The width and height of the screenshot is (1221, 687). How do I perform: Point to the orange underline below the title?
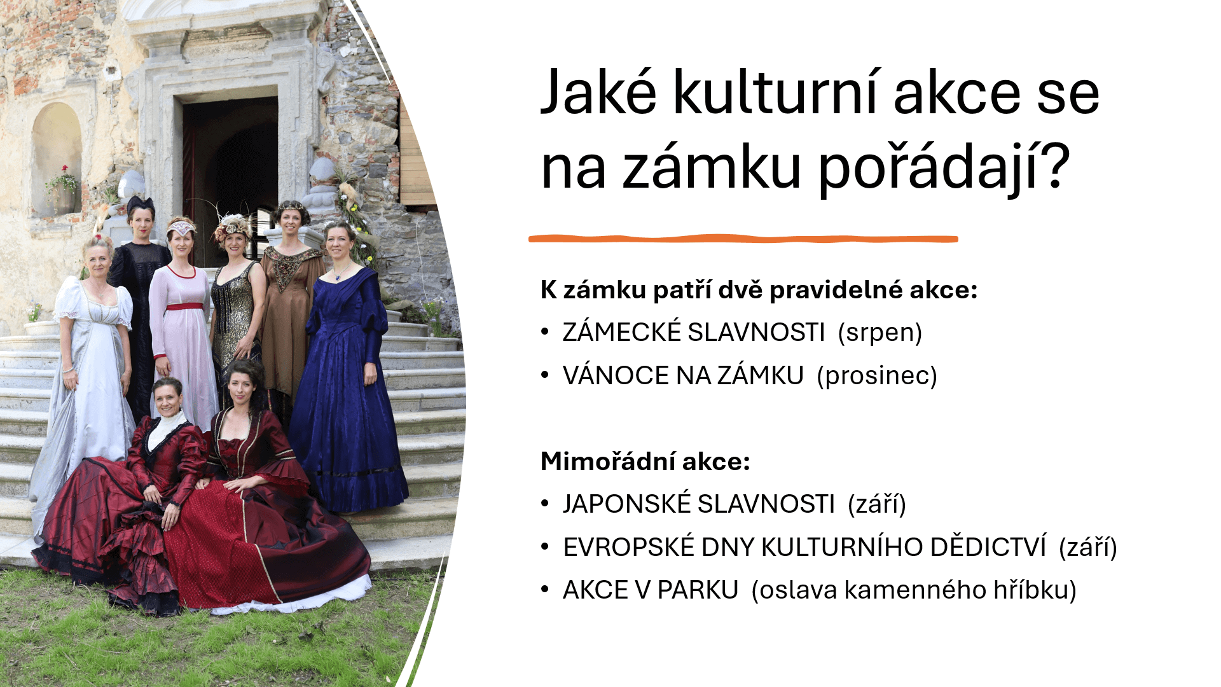tap(743, 239)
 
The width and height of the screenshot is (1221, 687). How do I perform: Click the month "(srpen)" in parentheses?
tap(880, 333)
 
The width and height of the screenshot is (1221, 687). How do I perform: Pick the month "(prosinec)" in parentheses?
tap(877, 376)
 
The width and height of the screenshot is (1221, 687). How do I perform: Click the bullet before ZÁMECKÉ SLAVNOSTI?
tap(545, 331)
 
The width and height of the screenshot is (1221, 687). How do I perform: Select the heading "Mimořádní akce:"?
tap(645, 461)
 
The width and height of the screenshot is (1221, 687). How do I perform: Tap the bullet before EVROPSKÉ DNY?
tap(545, 546)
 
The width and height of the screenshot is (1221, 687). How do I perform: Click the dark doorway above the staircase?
tap(230, 172)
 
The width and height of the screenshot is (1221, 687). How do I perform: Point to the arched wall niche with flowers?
tap(57, 159)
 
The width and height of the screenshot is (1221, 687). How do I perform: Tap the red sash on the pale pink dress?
tap(185, 307)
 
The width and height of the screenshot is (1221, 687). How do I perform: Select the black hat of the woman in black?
tap(141, 205)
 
